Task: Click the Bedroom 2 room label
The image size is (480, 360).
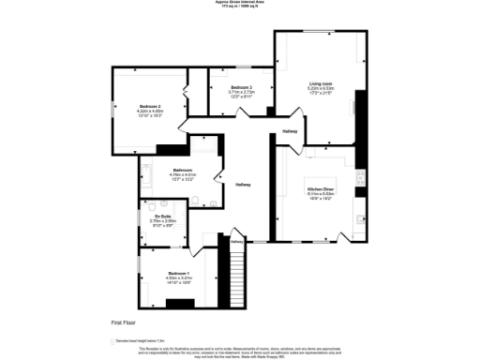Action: point(153,107)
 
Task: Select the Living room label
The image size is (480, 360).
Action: point(322,83)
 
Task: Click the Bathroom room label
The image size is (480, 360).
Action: point(183,170)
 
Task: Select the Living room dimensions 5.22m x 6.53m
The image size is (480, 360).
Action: point(322,89)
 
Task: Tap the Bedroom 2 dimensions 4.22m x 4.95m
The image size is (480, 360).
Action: point(153,112)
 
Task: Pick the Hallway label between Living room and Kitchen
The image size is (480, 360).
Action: point(290,131)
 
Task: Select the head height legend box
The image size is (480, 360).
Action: point(113,340)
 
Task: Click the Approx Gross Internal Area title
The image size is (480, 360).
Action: point(240,3)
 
